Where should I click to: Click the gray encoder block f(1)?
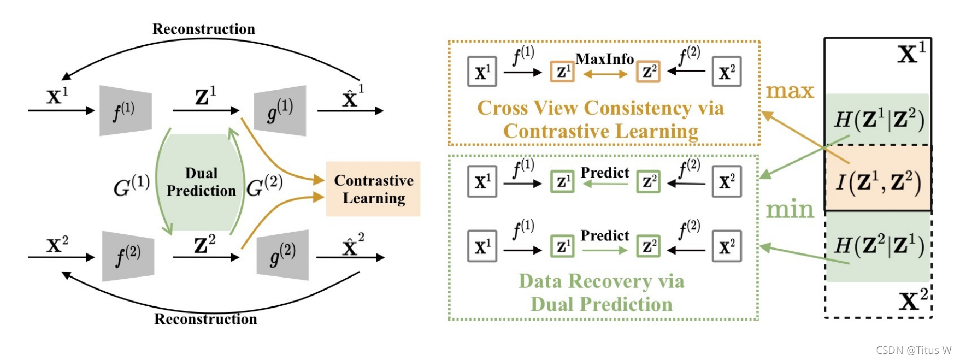(x=125, y=111)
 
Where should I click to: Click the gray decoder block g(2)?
(x=283, y=255)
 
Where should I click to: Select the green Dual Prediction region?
(x=201, y=182)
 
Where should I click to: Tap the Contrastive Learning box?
(x=373, y=189)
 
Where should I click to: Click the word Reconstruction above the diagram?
(x=203, y=29)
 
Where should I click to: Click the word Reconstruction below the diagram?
(x=205, y=319)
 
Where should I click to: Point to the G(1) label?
(x=131, y=187)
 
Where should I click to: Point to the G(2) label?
(x=264, y=186)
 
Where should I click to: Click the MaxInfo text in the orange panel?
(x=604, y=59)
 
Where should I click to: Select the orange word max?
(x=790, y=91)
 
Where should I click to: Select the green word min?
(x=790, y=209)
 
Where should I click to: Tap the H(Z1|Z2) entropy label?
(x=879, y=120)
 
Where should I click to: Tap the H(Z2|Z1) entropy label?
(x=879, y=246)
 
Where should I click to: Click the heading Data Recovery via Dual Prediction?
(x=601, y=292)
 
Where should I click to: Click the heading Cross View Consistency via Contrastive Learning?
(x=600, y=119)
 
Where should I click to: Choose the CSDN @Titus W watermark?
(x=914, y=350)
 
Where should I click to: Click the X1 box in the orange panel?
(x=482, y=72)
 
